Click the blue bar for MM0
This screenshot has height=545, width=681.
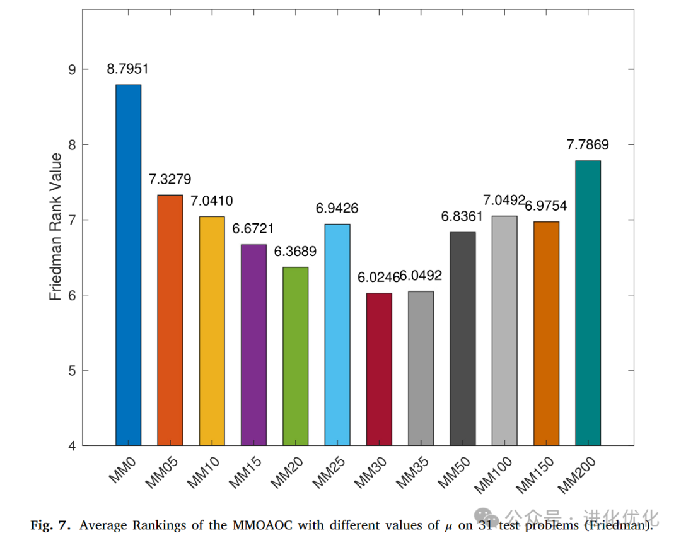point(128,265)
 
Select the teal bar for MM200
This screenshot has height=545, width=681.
point(588,303)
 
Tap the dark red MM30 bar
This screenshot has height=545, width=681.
point(379,369)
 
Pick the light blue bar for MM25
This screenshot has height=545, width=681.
point(337,334)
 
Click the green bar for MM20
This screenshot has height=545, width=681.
point(295,356)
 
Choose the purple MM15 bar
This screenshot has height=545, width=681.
point(253,344)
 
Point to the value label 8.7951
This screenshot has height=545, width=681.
point(128,69)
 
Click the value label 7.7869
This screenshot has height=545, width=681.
point(588,145)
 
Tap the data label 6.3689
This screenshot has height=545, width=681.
point(295,252)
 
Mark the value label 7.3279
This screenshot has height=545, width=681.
point(170,179)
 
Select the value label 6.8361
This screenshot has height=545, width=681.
point(461,217)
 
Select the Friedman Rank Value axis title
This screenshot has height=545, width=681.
point(56,226)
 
